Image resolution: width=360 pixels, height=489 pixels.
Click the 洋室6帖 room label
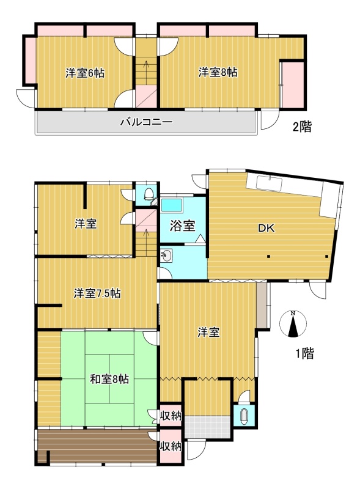coord(85,73)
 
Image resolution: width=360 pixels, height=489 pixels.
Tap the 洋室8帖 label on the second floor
coord(218,72)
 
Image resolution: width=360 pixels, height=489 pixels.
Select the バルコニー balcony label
coord(146,122)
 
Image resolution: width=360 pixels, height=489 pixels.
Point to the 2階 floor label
coord(302,127)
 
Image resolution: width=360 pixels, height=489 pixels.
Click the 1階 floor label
coord(305,353)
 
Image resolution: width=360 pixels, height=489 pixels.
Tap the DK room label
coord(266,228)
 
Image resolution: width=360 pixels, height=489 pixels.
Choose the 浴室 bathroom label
coord(183,226)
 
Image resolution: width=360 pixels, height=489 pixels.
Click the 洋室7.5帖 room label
coord(97,293)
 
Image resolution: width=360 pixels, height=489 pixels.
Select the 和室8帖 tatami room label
coord(109,379)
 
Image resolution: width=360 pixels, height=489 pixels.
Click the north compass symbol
coord(293,324)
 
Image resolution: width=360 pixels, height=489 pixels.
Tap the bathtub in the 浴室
coord(171,205)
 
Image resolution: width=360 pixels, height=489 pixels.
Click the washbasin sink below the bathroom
coord(167,256)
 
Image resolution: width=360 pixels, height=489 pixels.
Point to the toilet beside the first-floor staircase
coord(149,194)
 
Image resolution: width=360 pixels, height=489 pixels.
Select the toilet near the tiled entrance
coord(244,416)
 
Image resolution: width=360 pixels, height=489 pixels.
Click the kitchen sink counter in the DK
coord(269,183)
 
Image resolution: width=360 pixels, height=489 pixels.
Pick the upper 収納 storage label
coord(171,416)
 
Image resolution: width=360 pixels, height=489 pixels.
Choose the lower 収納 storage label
coord(171,446)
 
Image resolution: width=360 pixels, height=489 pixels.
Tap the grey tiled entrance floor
coord(207,427)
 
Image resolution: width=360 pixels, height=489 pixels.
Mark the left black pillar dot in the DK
coord(268,257)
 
